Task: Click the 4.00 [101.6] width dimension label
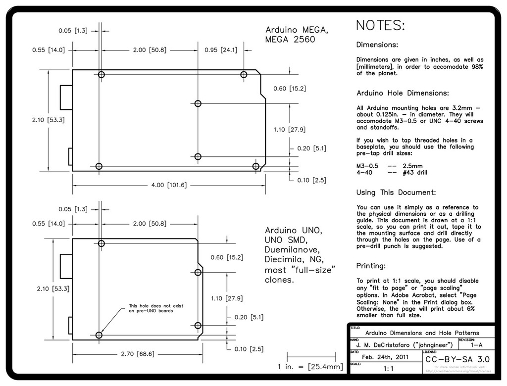point(169,185)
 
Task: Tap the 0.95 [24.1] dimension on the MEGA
point(221,50)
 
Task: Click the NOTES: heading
point(380,26)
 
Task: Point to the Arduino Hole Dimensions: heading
point(403,93)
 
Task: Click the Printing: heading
point(371,266)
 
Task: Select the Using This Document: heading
point(396,192)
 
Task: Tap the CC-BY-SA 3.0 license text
point(457,358)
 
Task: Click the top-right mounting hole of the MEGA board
point(244,74)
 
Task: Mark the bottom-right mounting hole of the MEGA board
point(255,166)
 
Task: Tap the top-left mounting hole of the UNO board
point(101,243)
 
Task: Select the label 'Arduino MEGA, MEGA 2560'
point(297,35)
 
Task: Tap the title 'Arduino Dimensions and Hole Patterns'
point(422,333)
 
